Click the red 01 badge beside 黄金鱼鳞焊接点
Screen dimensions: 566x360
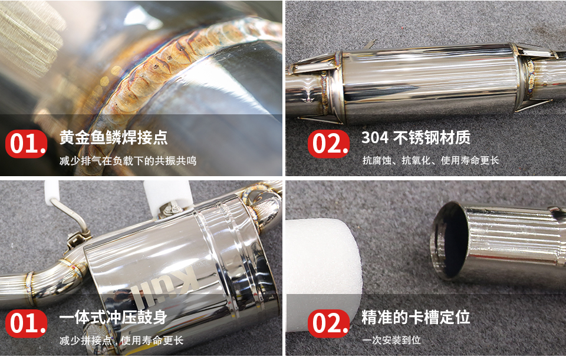[27, 144]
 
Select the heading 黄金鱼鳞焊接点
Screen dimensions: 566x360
[113, 137]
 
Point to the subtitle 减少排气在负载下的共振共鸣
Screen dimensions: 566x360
[128, 160]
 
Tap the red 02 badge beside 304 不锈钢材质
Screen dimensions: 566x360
[329, 144]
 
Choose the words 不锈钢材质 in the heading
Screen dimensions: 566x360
[432, 137]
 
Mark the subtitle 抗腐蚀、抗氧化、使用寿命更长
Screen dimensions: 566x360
[430, 160]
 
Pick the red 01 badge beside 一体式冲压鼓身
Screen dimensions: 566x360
[27, 323]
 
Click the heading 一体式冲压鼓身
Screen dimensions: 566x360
[113, 317]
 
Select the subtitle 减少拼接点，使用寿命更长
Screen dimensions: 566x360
[121, 340]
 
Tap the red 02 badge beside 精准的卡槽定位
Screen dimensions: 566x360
[329, 323]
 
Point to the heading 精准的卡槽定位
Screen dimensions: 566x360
[416, 317]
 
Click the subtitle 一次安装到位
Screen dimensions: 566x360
[391, 340]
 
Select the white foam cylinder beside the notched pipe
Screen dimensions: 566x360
[323, 274]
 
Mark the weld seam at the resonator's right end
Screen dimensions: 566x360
[531, 78]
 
